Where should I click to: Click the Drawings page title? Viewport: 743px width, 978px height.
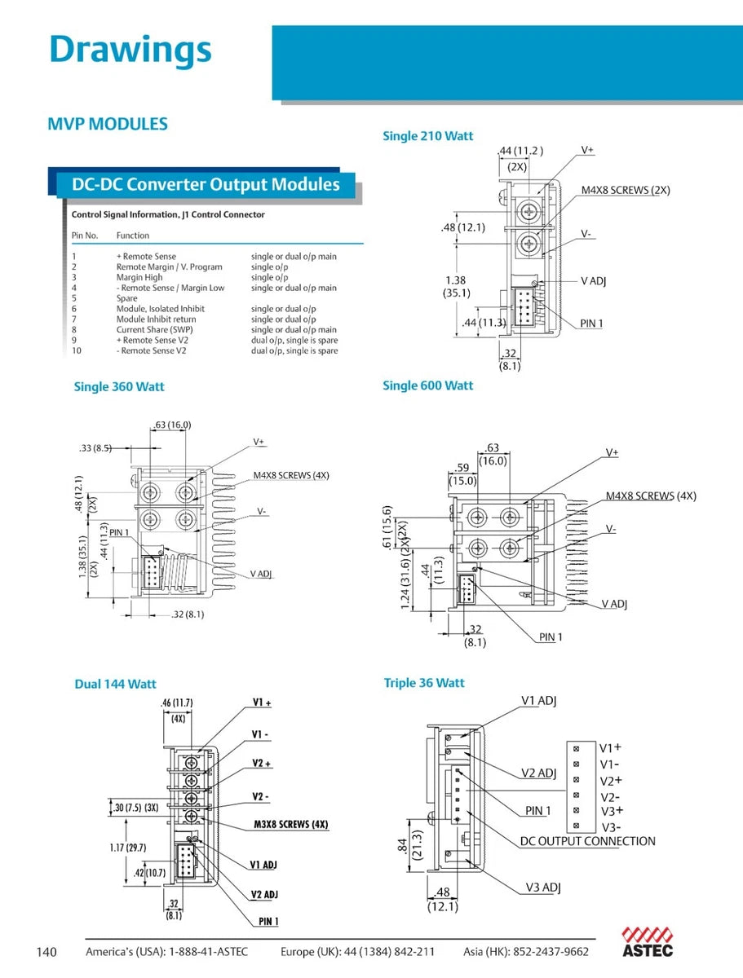click(x=130, y=50)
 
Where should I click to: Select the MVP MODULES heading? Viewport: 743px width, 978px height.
click(x=108, y=125)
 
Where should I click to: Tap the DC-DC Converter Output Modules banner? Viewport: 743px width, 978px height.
click(x=206, y=184)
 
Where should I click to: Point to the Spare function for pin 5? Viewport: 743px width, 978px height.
click(x=126, y=298)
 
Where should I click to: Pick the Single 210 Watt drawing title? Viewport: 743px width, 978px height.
click(x=427, y=136)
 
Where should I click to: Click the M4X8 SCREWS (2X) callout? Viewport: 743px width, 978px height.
click(x=626, y=190)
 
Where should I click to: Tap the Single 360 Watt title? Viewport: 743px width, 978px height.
click(x=119, y=386)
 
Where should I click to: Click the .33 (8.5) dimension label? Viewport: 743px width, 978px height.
click(x=96, y=447)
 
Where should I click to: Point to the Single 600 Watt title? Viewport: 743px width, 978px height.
click(x=427, y=385)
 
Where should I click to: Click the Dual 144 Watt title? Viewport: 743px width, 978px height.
click(x=115, y=684)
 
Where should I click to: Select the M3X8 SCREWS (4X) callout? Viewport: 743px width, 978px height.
click(x=290, y=824)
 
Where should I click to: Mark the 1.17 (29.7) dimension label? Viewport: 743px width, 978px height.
click(x=129, y=848)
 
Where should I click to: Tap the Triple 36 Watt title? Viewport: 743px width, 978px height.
click(x=424, y=683)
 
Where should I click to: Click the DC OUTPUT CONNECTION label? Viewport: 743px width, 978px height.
click(x=587, y=841)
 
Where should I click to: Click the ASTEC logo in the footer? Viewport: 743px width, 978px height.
click(x=648, y=942)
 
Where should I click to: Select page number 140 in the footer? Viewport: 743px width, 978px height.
click(x=46, y=952)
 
